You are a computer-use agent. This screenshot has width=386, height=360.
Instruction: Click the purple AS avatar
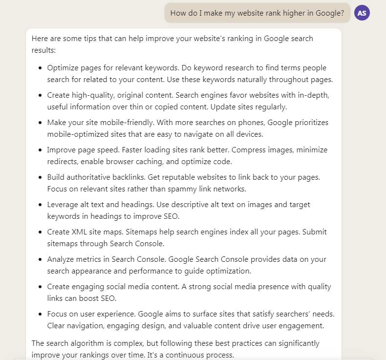362,13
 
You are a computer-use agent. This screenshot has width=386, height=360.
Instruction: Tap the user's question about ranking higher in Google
257,13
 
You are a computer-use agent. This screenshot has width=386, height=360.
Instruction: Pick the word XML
79,232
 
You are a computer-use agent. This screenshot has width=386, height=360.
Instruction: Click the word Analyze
61,259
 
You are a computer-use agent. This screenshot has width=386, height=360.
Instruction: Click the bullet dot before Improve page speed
40,150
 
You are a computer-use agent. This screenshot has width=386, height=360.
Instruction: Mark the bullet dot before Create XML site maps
40,232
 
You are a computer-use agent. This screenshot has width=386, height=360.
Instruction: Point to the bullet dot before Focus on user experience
40,314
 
